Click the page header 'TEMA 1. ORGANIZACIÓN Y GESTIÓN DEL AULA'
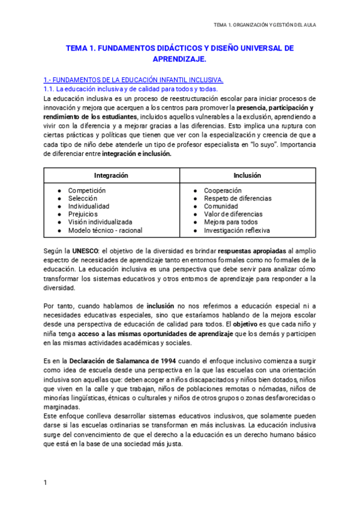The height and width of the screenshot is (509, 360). coord(265,25)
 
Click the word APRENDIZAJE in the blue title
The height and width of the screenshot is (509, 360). coord(179,59)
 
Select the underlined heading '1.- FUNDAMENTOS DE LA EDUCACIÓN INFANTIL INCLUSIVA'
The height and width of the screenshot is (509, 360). coord(134,80)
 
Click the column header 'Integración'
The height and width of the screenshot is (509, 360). coord(111,176)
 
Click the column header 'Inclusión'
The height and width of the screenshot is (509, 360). coord(247,176)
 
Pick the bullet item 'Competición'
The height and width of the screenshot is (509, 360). coord(86,190)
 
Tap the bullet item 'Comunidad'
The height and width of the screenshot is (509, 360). coord(221,206)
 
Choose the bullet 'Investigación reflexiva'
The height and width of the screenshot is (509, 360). coord(236,230)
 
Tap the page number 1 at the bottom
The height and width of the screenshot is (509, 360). coord(46,483)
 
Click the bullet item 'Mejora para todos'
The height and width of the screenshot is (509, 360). coord(231,222)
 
